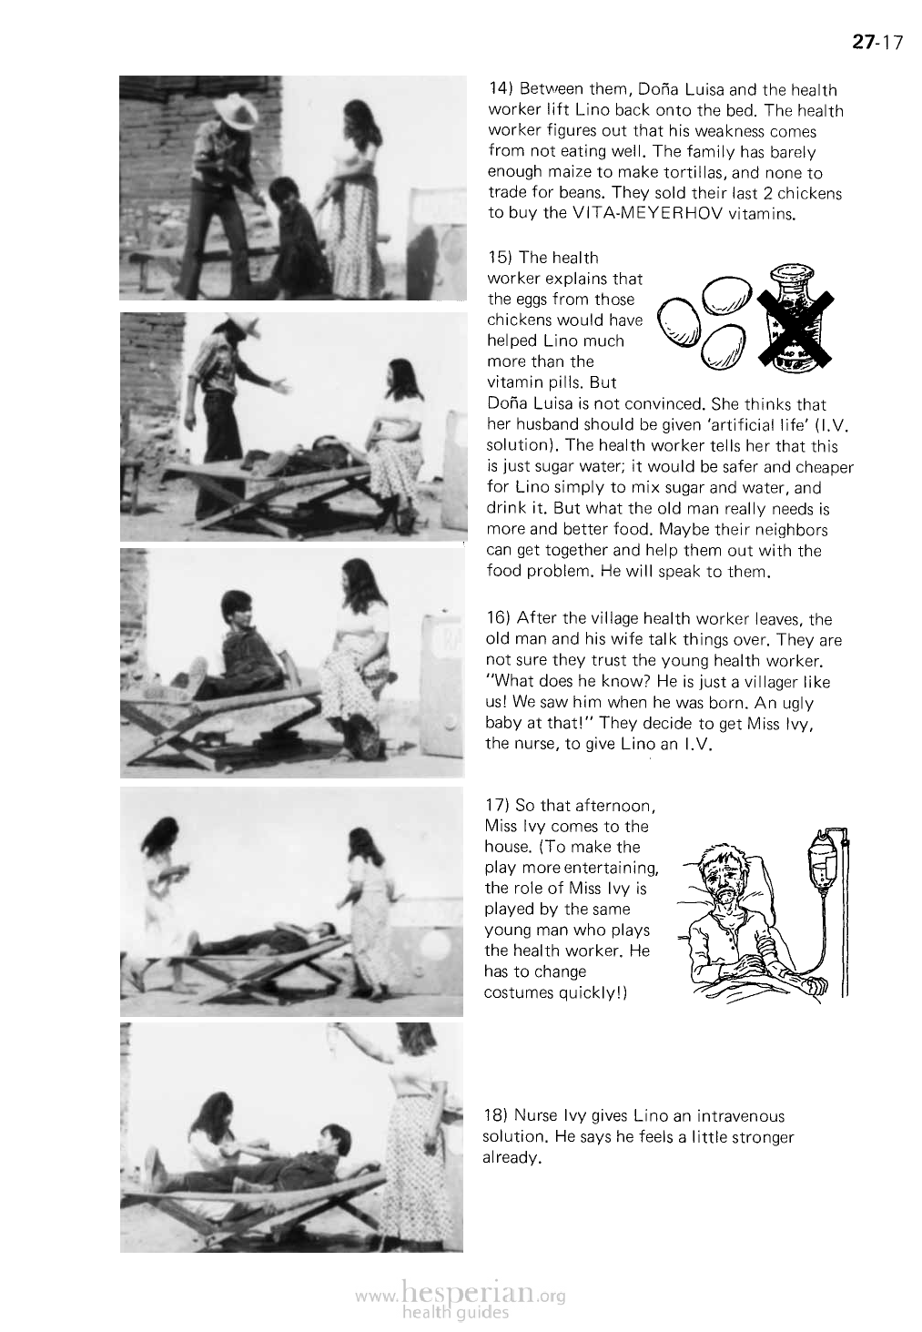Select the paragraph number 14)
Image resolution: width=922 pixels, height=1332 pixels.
pos(502,90)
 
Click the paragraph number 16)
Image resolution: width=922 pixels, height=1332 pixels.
pos(502,620)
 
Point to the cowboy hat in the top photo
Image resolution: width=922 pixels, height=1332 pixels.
pos(232,112)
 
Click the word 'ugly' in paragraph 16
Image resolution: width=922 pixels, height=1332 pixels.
pos(799,704)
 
